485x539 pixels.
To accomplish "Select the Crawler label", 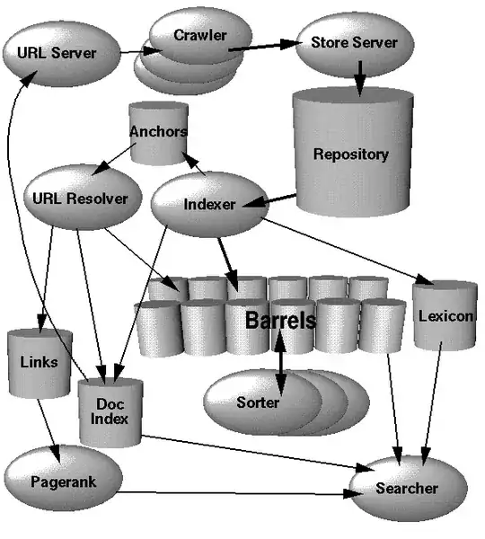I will point(199,36).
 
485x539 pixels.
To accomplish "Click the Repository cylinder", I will point(350,155).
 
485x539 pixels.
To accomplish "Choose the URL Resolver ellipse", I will point(80,198).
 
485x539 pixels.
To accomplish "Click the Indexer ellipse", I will point(208,204).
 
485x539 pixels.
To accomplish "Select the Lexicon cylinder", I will point(445,316).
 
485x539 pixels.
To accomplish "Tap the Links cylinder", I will point(39,362).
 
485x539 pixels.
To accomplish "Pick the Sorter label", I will point(258,402).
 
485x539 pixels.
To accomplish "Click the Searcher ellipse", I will point(407,489).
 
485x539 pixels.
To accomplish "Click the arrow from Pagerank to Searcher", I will point(234,492).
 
